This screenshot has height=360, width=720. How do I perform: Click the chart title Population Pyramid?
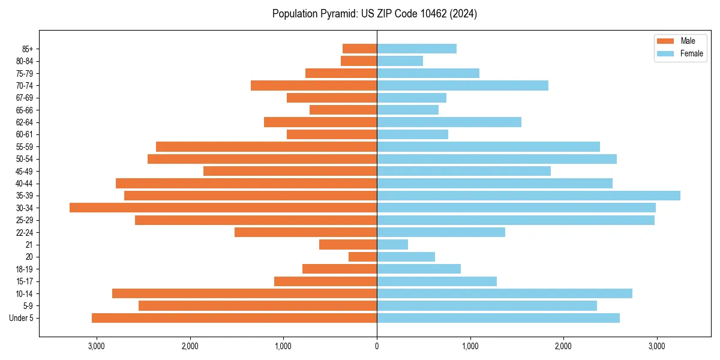[x=374, y=14]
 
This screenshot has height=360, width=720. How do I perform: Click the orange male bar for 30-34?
[x=223, y=208]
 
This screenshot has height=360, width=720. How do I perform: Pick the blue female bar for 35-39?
[x=528, y=196]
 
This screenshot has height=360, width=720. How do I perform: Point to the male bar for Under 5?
[x=234, y=318]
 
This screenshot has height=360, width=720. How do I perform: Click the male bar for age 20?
[x=363, y=257]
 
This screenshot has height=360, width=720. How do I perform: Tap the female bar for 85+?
[x=416, y=49]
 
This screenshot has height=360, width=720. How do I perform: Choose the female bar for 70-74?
[x=462, y=85]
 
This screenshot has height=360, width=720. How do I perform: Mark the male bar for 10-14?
[x=244, y=293]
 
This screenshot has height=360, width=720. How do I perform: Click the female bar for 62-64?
[x=449, y=122]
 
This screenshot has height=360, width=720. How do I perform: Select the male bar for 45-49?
[x=290, y=171]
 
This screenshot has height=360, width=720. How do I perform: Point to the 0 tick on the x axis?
[x=377, y=346]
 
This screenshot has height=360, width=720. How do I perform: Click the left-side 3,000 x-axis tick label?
[x=97, y=346]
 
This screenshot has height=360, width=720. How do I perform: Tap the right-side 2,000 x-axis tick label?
[x=563, y=346]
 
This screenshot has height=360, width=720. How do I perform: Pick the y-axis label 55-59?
[x=25, y=147]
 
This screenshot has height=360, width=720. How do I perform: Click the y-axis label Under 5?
[x=22, y=318]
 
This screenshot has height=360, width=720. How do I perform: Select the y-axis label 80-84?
[x=25, y=61]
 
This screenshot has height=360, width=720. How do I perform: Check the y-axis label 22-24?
[x=25, y=232]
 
